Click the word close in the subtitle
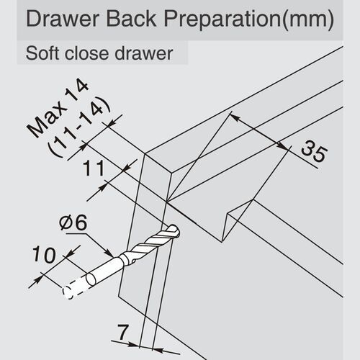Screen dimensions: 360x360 tap(86, 54)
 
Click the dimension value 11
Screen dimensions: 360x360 tap(92, 171)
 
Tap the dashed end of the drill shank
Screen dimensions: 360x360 tap(70, 292)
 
